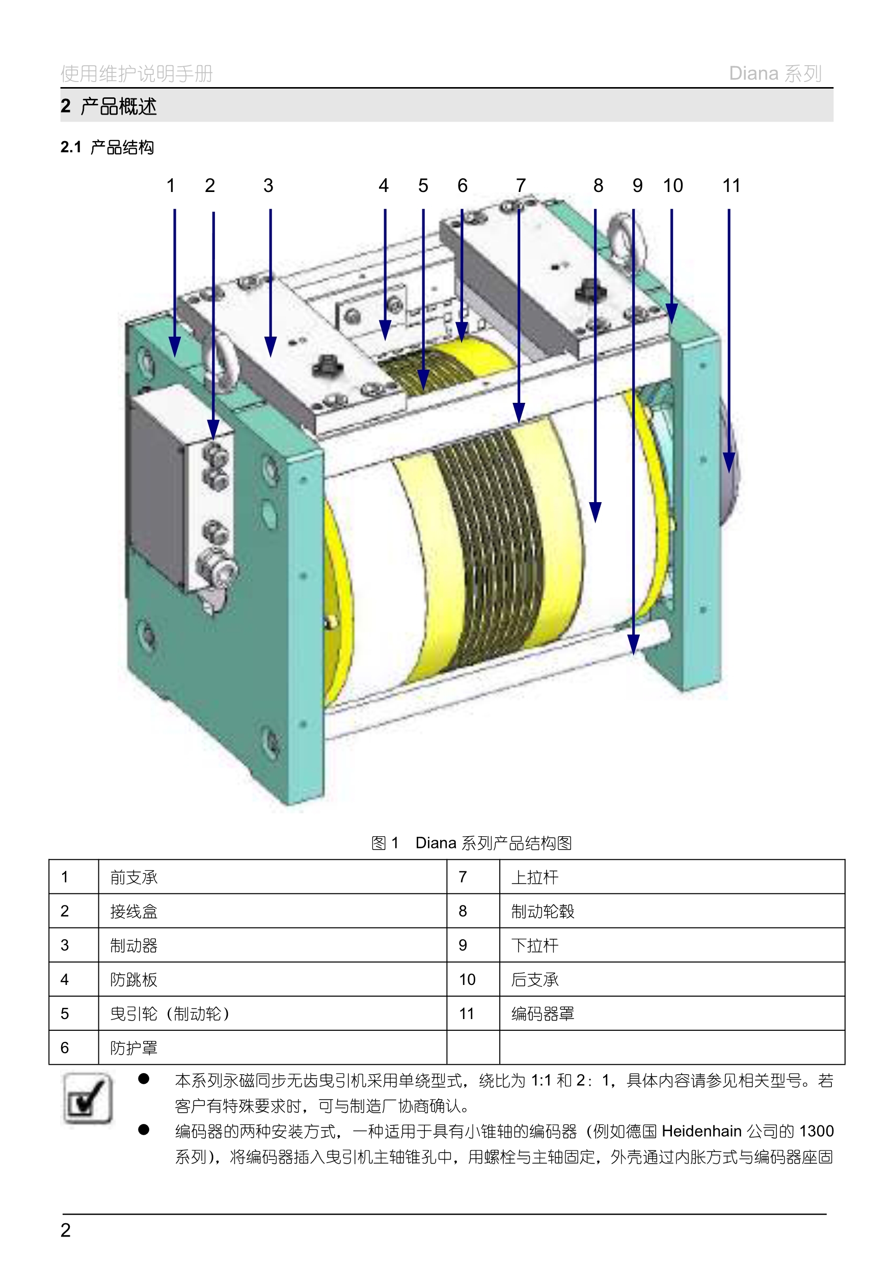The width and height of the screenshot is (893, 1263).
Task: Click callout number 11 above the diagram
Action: [731, 186]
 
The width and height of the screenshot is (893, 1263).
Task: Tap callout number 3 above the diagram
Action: [268, 186]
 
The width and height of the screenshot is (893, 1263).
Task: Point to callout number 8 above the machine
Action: [598, 186]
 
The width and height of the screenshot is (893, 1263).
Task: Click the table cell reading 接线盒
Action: [133, 912]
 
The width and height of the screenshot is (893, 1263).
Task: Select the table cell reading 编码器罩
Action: [543, 1013]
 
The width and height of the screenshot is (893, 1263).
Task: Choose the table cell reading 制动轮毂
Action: [543, 912]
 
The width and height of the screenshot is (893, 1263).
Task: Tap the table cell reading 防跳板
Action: [133, 979]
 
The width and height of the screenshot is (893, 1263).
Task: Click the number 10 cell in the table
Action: [467, 979]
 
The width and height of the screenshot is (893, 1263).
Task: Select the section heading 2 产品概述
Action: [109, 106]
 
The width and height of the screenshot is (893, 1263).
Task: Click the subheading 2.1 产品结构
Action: [107, 147]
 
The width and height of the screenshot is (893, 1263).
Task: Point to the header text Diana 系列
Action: [775, 73]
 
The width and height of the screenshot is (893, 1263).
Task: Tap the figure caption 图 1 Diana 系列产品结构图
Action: [472, 843]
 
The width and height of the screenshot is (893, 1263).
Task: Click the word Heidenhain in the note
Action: [701, 1131]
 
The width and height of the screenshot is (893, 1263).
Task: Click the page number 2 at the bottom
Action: [66, 1230]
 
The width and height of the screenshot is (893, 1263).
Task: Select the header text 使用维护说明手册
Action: [137, 73]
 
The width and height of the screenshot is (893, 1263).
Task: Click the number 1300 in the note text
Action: [817, 1131]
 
